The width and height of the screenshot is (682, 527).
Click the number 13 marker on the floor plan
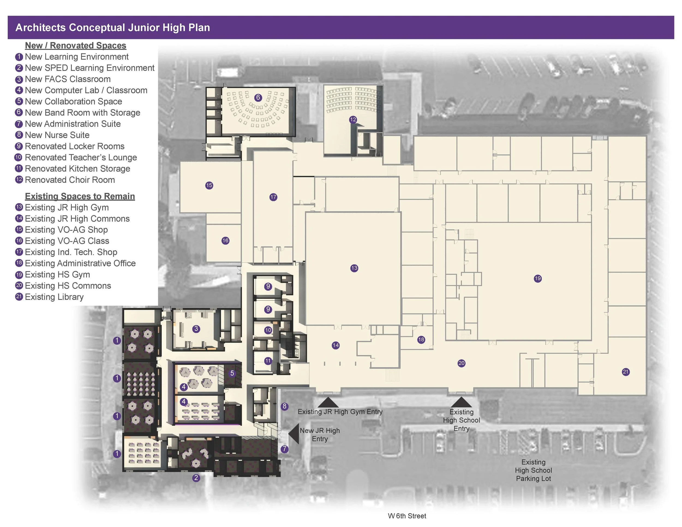click(354, 268)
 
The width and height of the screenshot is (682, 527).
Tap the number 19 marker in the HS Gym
click(537, 278)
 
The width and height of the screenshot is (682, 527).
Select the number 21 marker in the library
click(626, 372)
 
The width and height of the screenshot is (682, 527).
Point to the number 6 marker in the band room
click(258, 97)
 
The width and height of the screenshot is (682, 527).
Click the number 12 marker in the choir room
click(353, 119)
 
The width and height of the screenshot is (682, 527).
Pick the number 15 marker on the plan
click(209, 185)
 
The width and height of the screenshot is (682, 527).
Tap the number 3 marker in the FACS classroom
click(196, 328)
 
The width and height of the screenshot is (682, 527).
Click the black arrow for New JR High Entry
click(294, 433)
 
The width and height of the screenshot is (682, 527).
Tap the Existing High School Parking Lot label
click(533, 470)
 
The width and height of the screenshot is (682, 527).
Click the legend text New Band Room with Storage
click(82, 112)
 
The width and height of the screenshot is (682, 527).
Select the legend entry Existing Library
click(54, 297)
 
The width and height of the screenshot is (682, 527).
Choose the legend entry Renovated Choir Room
click(70, 179)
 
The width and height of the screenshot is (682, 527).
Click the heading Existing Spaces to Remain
click(80, 196)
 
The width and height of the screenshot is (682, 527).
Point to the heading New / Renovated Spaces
click(76, 45)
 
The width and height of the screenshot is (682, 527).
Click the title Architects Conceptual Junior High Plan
click(113, 28)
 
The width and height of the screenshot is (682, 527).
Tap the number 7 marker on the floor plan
click(284, 449)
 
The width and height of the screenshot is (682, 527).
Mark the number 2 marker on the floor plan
click(196, 478)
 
